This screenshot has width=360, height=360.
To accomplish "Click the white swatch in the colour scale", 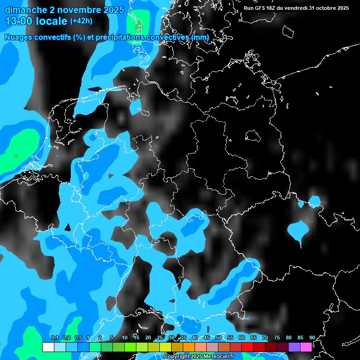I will point(48,347).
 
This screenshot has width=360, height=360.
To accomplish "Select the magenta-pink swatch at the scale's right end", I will point(306,347).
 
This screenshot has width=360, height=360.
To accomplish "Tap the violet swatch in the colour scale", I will point(294,347).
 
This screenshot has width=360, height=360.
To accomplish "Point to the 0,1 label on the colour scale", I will point(54,338).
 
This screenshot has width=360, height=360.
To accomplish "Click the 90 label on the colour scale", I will point(312,338).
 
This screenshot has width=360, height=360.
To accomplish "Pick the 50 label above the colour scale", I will point(218,338).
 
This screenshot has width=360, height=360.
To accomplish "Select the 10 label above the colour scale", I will point(125,338).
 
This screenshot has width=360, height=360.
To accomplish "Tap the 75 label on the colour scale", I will point(277,338).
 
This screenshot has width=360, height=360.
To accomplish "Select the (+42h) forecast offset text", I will point(81,21).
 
